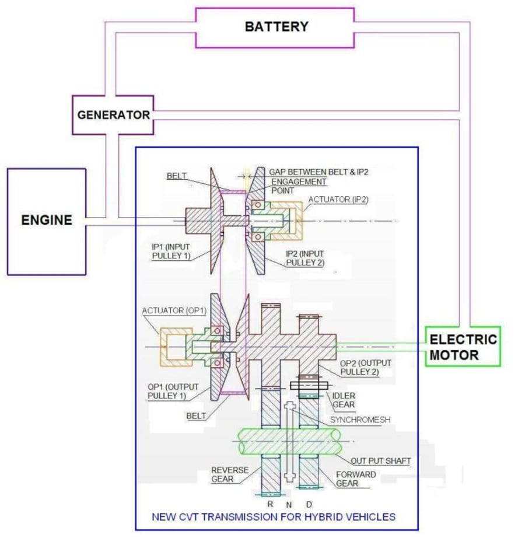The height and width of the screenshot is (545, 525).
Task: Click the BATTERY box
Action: (x=275, y=27)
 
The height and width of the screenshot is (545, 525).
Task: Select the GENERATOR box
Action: (x=113, y=115)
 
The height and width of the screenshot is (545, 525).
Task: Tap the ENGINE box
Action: (x=47, y=221)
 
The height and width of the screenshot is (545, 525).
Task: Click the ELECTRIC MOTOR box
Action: (x=463, y=347)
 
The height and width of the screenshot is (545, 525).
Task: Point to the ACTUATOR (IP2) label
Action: (x=338, y=200)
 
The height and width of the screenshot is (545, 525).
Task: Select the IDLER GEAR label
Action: (x=344, y=400)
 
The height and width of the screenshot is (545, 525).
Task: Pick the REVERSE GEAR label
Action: (x=230, y=474)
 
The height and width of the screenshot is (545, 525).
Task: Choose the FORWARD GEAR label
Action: (x=356, y=479)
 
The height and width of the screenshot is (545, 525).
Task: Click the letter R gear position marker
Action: (x=270, y=504)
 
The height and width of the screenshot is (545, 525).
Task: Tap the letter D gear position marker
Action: (x=309, y=504)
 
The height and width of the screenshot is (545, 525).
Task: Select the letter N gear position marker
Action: (x=289, y=504)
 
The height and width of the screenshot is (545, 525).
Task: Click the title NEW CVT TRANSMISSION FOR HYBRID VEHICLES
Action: (x=274, y=516)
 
